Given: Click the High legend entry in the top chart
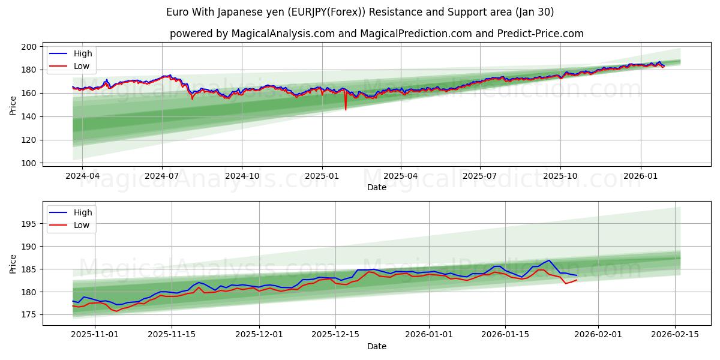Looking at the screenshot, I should point(83,54).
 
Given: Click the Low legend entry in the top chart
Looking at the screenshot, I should point(82,66).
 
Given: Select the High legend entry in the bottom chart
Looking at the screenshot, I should point(83,212).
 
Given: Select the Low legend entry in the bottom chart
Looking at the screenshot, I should point(82,225).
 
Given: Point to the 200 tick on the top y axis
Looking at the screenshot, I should point(31,47).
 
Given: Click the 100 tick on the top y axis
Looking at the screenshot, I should point(31,163).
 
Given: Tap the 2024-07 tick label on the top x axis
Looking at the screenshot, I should point(162,176).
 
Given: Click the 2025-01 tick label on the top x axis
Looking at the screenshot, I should point(322,176).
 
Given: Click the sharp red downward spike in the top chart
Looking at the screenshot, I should point(346,109).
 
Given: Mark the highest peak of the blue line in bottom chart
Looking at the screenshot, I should point(549,260).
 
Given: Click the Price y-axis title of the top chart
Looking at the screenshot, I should point(13,105).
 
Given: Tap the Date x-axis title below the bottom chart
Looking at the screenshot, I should point(377,346).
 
